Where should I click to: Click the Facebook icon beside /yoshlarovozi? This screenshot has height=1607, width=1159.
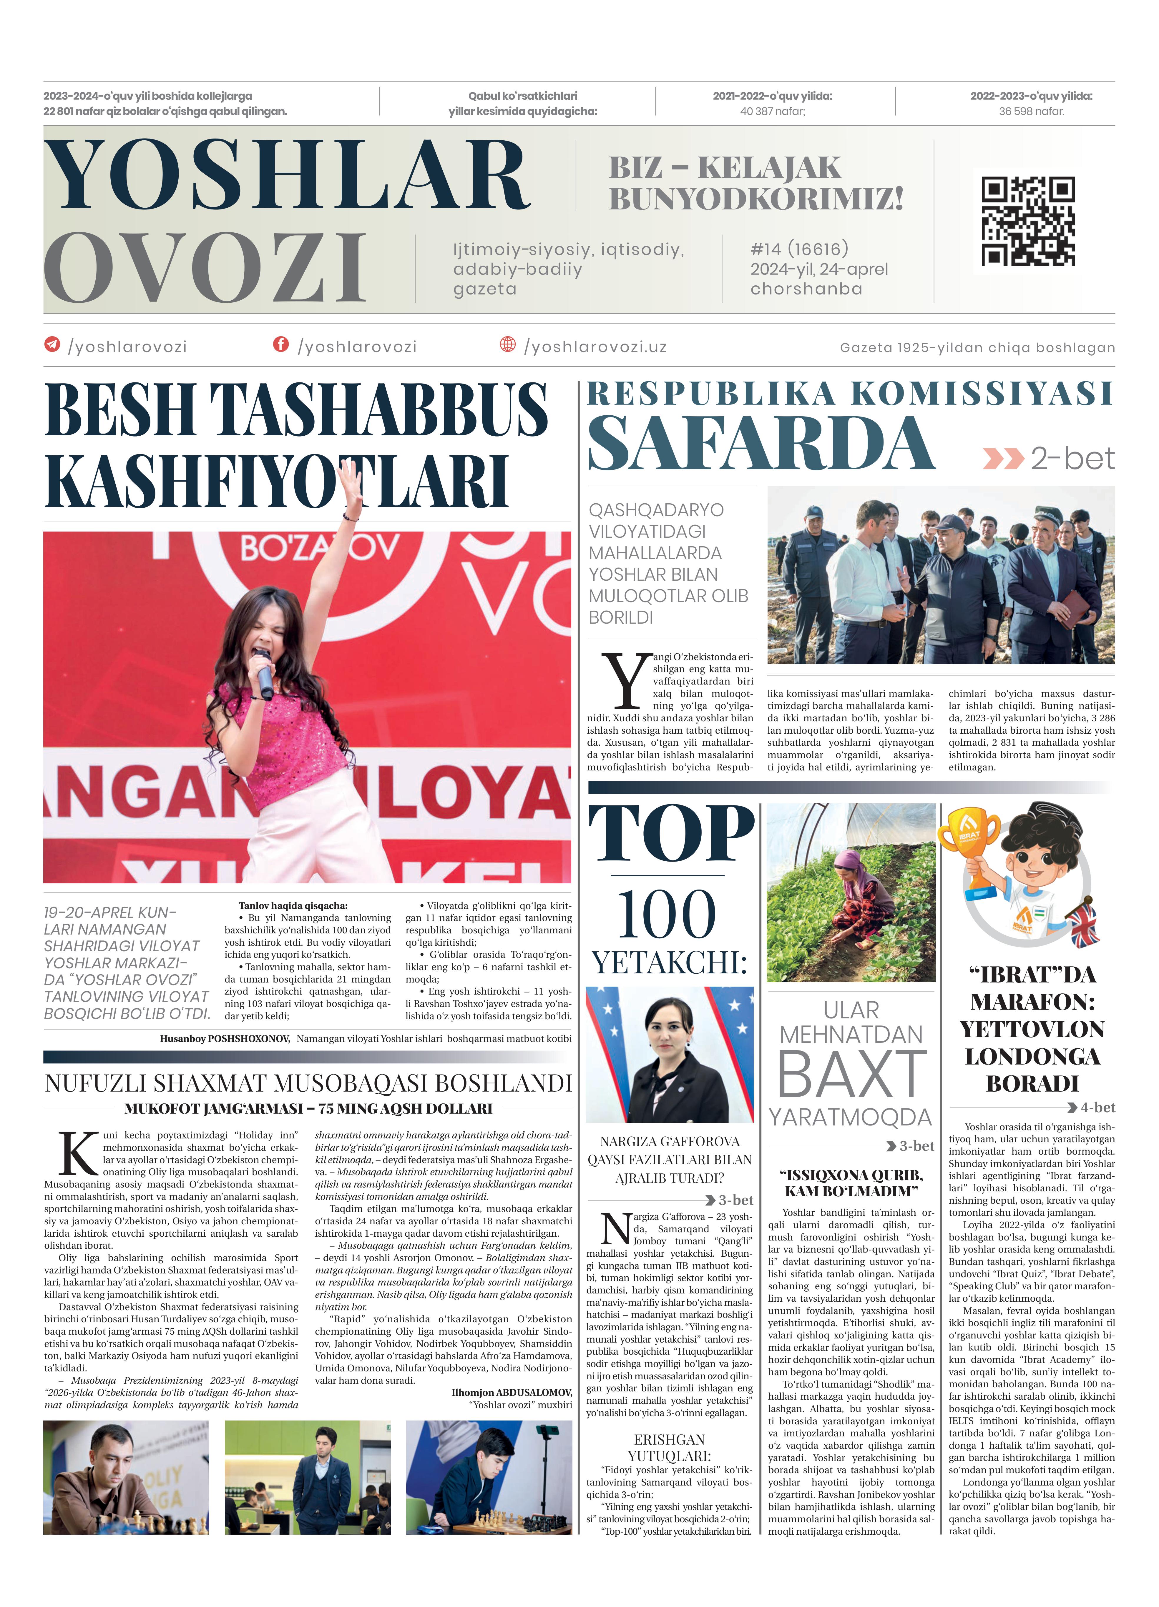pyautogui.click(x=281, y=344)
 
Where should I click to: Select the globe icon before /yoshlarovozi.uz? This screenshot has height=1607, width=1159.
pyautogui.click(x=508, y=344)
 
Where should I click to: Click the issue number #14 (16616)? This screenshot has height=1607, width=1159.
pyautogui.click(x=799, y=249)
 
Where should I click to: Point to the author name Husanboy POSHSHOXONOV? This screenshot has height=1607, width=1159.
pyautogui.click(x=225, y=1039)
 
